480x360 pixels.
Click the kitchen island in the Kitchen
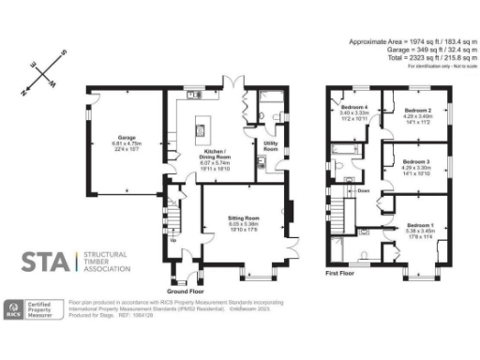[202, 127]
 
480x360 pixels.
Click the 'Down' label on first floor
[363, 190]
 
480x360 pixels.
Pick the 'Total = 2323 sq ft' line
[413, 58]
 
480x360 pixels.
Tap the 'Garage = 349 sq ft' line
[413, 51]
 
